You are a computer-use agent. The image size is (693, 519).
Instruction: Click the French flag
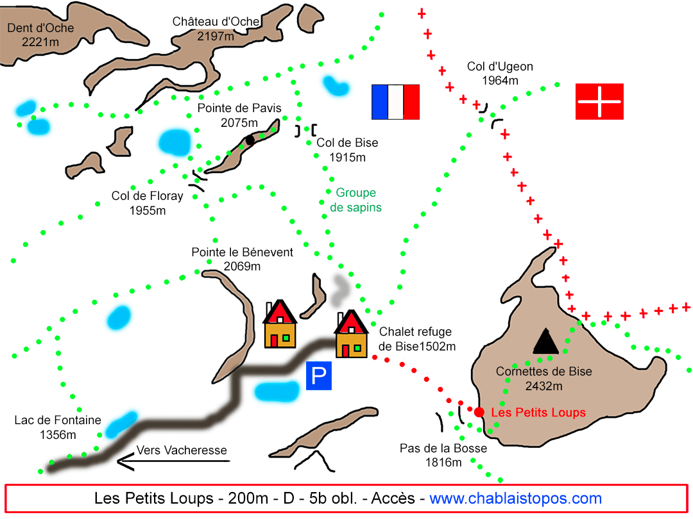pos(395,102)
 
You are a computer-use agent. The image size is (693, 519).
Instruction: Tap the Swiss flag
pos(599,101)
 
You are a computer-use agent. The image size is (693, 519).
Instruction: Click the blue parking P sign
pos(319,376)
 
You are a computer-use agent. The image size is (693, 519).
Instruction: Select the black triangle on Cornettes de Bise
pos(545,341)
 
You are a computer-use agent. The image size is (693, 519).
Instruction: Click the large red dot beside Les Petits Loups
pos(479,412)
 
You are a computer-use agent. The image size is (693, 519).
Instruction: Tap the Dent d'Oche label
pos(40,35)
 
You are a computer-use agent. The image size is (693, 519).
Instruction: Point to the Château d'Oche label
pos(216,29)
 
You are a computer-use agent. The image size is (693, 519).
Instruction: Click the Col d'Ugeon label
pos(500,73)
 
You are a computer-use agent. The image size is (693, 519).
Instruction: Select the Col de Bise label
pos(347,150)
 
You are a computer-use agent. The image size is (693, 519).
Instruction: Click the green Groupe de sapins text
pos(355,200)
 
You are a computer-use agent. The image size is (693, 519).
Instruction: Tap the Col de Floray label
pos(147,203)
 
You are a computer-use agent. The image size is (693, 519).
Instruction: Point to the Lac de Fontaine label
pos(58,427)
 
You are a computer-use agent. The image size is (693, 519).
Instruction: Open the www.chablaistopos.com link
pos(515,498)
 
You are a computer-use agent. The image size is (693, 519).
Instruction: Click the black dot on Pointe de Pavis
pos(250,140)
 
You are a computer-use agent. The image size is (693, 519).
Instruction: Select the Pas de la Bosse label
pos(443,455)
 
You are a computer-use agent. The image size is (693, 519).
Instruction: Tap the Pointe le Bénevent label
pos(242,259)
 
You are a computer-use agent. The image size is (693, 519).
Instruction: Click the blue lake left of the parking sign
pos(277,392)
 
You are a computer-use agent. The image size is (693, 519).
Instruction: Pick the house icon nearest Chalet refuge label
pos(352,334)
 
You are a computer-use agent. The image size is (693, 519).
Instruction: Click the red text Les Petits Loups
pos(538,412)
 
